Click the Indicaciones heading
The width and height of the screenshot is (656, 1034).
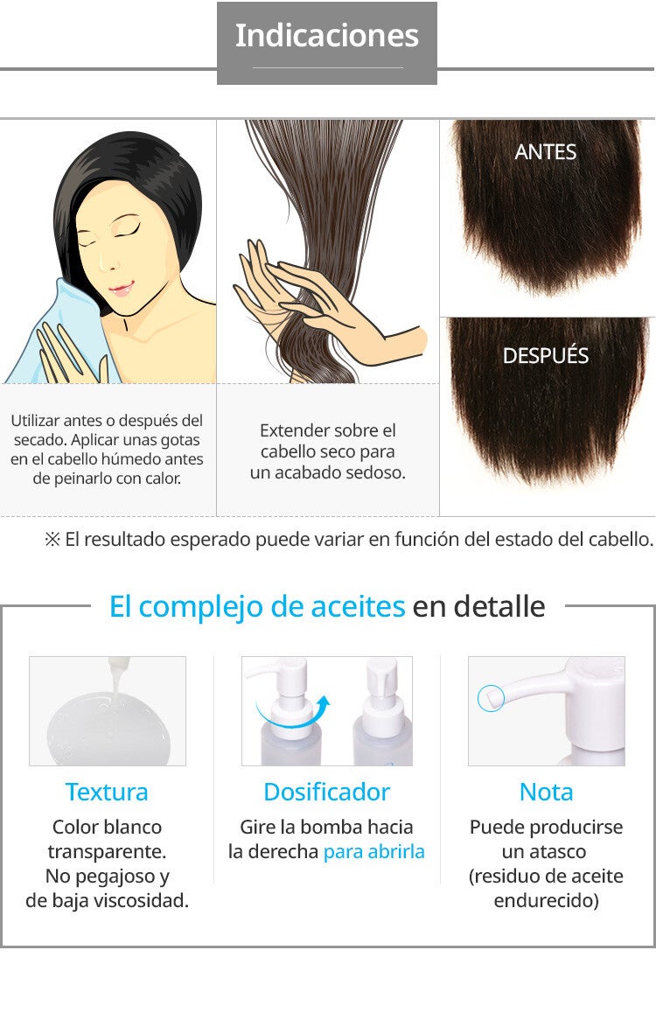click(327, 36)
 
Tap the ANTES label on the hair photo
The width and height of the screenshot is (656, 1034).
click(545, 152)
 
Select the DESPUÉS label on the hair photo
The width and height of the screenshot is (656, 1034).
click(545, 355)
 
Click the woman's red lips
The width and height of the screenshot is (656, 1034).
click(122, 289)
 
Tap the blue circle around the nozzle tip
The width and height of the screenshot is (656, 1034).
click(491, 698)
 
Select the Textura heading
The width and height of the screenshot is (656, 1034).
click(107, 792)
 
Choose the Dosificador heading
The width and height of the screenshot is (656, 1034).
click(327, 792)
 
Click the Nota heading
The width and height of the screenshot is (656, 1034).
click(546, 792)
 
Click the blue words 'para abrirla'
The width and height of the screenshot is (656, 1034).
click(373, 852)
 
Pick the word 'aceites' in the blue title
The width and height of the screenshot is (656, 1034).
click(358, 607)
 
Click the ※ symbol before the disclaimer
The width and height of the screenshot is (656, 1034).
click(52, 540)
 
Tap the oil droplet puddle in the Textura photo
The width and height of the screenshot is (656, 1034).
click(108, 730)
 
